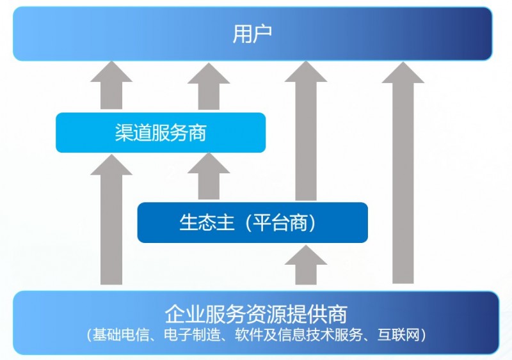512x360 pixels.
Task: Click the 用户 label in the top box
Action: pos(252,34)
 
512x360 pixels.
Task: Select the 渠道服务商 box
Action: pos(161,132)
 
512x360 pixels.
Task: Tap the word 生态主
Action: pos(207,223)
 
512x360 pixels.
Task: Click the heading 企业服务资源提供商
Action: pos(256,314)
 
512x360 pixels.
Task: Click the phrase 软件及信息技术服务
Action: pos(299,334)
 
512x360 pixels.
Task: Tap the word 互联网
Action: pos(398,334)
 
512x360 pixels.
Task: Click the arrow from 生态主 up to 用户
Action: pos(306,130)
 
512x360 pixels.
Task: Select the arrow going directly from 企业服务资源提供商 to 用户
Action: pos(403,173)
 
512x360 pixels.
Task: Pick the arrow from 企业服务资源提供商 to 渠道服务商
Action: pos(111,219)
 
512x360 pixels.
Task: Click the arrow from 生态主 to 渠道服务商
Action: pos(209,176)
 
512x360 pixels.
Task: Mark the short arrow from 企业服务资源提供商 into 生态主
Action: pos(306,265)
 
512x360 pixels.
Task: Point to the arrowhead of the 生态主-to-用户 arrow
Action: pos(306,72)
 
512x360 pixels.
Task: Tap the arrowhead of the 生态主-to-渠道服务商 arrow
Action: pos(209,163)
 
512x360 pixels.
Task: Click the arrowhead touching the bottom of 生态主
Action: pos(306,255)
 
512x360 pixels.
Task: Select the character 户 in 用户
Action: pos(262,34)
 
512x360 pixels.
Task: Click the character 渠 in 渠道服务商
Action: pos(124,132)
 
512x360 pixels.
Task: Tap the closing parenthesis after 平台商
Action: pos(312,223)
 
